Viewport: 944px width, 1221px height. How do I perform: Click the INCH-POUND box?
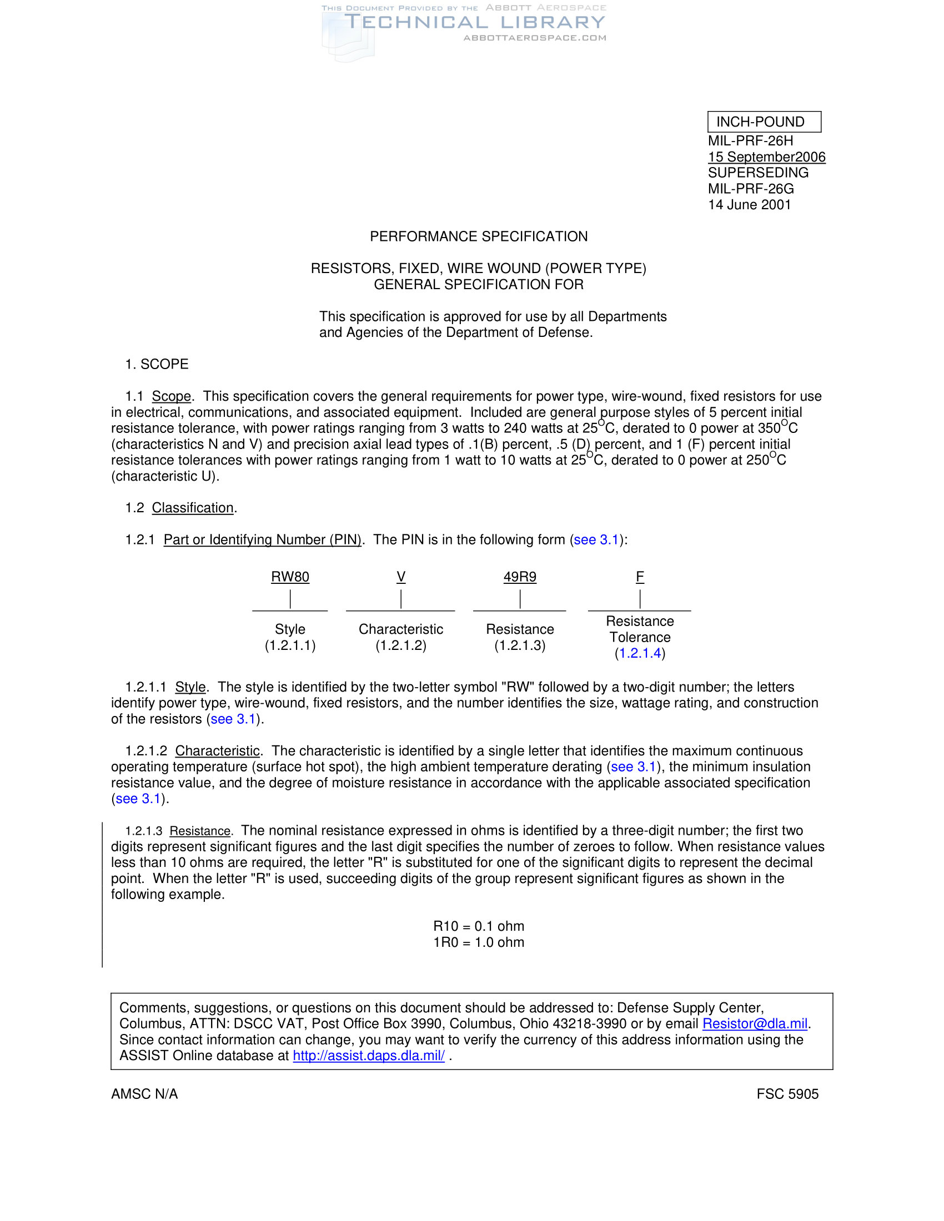coord(764,122)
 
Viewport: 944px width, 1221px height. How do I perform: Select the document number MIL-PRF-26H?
coord(751,141)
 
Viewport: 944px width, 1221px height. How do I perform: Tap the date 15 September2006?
coord(766,157)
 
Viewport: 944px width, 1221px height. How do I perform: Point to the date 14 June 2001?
coord(750,205)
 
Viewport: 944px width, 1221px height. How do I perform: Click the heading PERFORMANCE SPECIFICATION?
coord(479,236)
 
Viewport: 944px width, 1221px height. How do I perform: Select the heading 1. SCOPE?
coord(157,364)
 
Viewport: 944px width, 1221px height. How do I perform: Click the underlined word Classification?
coord(193,508)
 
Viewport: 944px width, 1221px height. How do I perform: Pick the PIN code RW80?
coord(290,577)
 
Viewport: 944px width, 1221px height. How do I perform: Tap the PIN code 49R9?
coord(520,577)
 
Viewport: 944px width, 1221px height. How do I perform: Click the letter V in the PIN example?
coord(401,577)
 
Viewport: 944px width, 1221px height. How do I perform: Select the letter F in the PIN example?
coord(640,577)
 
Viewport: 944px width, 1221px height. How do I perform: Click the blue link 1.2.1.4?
coord(640,653)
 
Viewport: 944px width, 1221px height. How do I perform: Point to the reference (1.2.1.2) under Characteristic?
coord(401,645)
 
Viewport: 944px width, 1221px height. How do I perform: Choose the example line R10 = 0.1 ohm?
coord(479,926)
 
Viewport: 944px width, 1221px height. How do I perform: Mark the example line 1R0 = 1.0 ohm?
coord(479,942)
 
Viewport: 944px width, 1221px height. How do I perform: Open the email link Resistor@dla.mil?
coord(755,1023)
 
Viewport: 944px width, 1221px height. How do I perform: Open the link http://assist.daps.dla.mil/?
coord(369,1056)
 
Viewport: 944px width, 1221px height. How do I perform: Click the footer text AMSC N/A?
coord(144,1094)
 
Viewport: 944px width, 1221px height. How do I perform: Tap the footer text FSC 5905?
coord(787,1094)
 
